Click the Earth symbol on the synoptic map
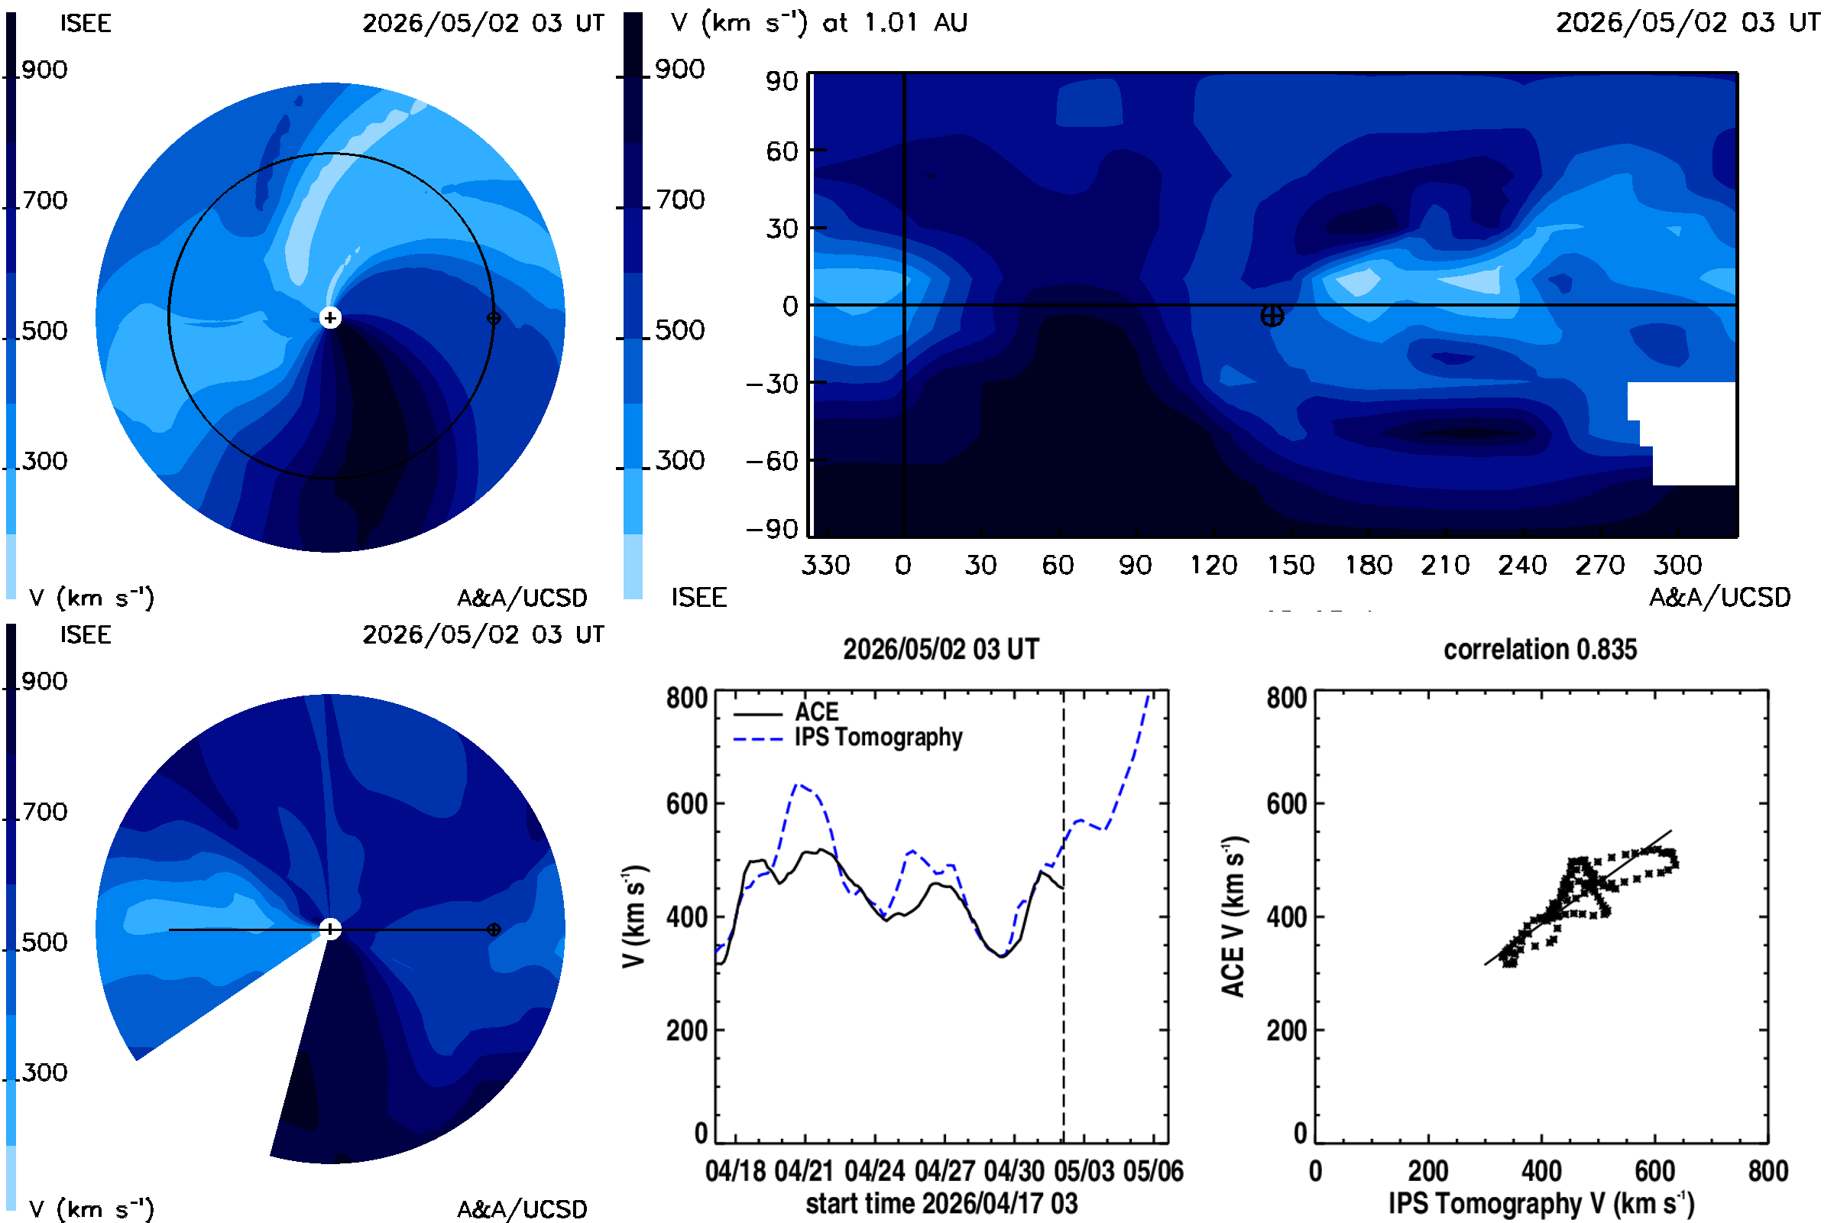(1272, 316)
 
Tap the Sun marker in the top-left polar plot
(331, 317)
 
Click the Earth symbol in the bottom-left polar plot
(494, 929)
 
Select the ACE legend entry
(786, 712)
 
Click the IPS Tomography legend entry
(847, 738)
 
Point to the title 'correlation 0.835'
(1540, 649)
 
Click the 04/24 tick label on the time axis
(875, 1171)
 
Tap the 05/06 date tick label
(1153, 1171)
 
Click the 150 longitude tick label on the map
(1291, 565)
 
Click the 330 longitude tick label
(825, 565)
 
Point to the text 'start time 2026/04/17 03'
(941, 1203)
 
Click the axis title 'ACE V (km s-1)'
(1233, 916)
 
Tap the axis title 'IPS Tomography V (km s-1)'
(1541, 1203)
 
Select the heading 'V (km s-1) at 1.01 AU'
(819, 23)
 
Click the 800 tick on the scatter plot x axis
(1768, 1171)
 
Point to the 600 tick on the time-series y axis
(686, 803)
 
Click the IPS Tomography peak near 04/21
(797, 785)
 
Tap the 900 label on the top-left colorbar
(44, 70)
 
